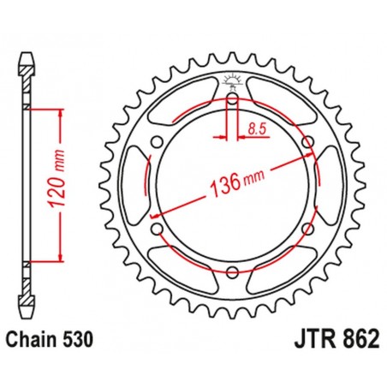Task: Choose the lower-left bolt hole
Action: [x=155, y=229]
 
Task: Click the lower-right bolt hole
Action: [x=307, y=229]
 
